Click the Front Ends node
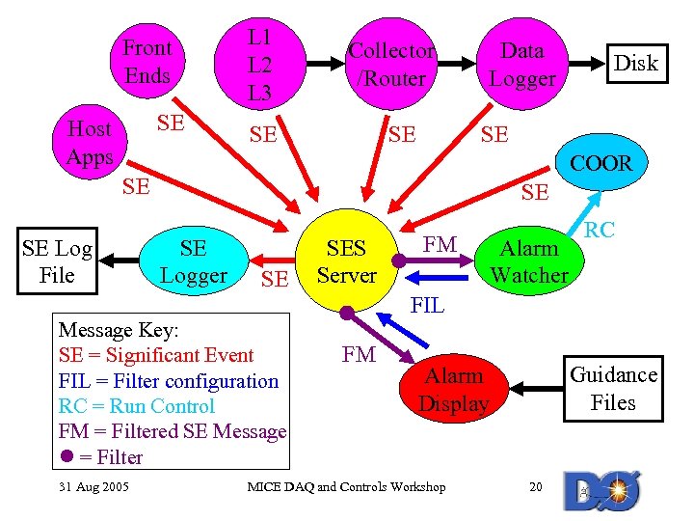tap(147, 61)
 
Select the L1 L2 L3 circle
tap(259, 65)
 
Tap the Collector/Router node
tap(390, 65)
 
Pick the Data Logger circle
tap(522, 65)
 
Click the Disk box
tap(635, 64)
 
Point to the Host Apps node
tap(89, 143)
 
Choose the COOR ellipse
tap(601, 164)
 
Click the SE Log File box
tap(57, 261)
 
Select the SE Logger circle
tap(193, 261)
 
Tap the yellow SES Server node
tap(346, 261)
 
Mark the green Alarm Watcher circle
tap(528, 261)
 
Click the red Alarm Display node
tap(454, 389)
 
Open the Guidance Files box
tap(613, 388)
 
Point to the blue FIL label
tap(427, 306)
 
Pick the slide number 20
tap(536, 486)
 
